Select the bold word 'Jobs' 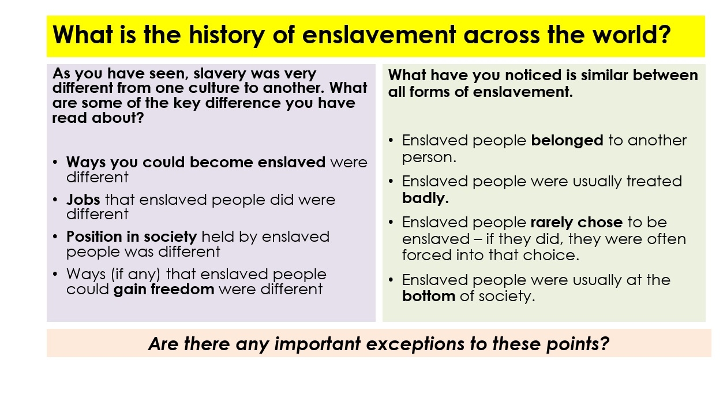click(x=83, y=200)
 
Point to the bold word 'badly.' click(x=425, y=198)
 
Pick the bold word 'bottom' click(x=428, y=296)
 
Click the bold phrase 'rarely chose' click(x=576, y=223)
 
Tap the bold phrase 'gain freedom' click(x=164, y=289)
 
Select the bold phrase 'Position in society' click(x=132, y=237)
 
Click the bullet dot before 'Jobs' click(x=55, y=200)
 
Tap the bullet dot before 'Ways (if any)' click(x=55, y=274)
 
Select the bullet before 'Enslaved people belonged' click(x=391, y=141)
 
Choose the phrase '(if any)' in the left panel click(x=136, y=275)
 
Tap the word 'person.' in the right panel click(x=429, y=158)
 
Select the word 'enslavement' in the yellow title click(x=379, y=35)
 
